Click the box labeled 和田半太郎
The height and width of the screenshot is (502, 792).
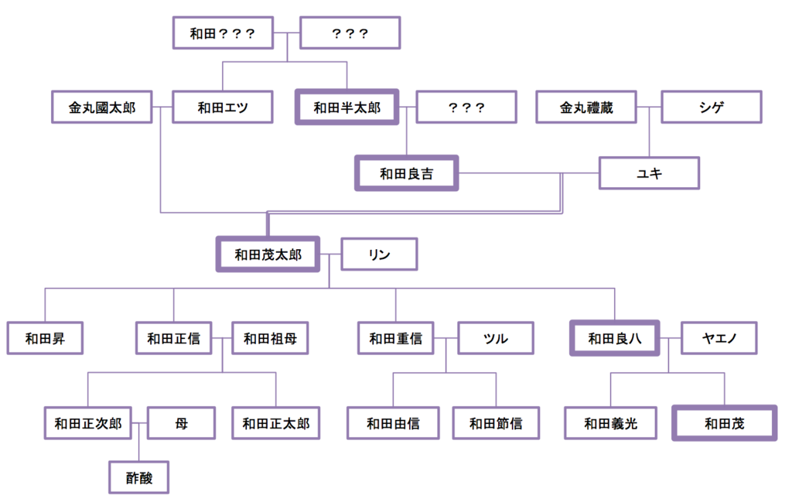click(x=346, y=108)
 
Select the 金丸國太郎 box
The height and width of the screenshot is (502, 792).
click(x=101, y=108)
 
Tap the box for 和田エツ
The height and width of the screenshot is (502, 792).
click(x=223, y=108)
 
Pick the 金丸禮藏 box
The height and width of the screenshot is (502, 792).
click(x=586, y=108)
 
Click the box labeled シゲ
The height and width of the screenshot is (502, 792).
click(x=711, y=108)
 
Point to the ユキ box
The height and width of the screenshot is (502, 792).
click(x=649, y=173)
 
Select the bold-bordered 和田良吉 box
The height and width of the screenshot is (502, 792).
click(x=406, y=173)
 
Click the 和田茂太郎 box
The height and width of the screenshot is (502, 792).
click(x=268, y=254)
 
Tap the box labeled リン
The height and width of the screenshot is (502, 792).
click(x=379, y=254)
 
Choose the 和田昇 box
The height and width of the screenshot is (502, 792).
click(x=45, y=338)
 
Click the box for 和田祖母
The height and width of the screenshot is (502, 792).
click(x=270, y=338)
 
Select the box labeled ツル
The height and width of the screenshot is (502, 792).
click(x=495, y=338)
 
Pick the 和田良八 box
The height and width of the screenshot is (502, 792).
click(x=614, y=338)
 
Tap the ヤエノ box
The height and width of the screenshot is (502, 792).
click(x=719, y=338)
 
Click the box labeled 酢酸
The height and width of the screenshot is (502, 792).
click(x=138, y=477)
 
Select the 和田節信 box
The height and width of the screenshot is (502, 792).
click(x=495, y=423)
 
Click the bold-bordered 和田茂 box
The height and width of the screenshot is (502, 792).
click(x=724, y=423)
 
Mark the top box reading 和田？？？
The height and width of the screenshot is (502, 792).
click(x=223, y=33)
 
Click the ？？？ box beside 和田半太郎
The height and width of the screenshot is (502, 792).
click(x=466, y=108)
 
